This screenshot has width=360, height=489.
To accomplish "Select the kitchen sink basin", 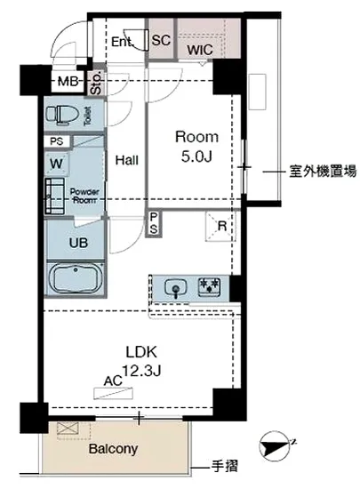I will (177, 287).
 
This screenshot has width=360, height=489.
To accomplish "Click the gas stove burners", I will (211, 286).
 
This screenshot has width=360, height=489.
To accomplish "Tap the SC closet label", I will (161, 40).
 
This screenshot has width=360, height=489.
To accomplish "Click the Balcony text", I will (113, 449).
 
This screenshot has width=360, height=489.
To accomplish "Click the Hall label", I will (126, 161).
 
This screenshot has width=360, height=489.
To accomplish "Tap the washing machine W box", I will (56, 163).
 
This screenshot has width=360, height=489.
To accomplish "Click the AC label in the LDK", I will (112, 381).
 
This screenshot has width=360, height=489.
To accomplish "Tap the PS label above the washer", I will (57, 141).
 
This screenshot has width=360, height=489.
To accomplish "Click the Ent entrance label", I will (122, 41).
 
